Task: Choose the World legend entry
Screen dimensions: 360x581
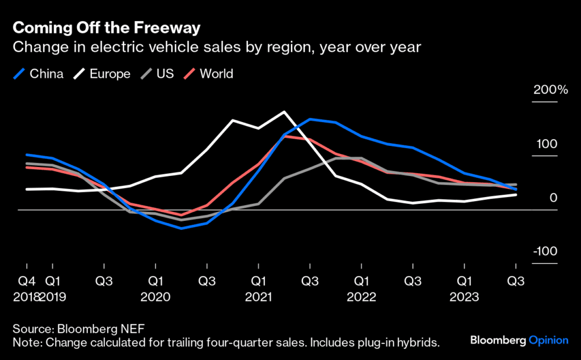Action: (x=208, y=74)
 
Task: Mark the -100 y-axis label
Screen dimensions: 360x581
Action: (x=545, y=252)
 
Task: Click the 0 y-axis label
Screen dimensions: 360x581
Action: (x=554, y=198)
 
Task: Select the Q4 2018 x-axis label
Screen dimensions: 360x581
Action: (x=26, y=288)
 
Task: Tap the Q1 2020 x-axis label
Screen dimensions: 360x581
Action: (x=155, y=288)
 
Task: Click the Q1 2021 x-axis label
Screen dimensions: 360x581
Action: (x=259, y=288)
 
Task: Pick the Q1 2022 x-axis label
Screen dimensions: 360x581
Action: (x=361, y=288)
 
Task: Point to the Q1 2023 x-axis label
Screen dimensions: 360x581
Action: (x=465, y=288)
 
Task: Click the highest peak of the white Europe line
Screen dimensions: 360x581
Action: (x=284, y=111)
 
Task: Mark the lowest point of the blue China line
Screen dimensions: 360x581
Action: (x=181, y=228)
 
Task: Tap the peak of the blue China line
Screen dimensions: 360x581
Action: (x=310, y=119)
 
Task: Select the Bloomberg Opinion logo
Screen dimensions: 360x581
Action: (x=519, y=340)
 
